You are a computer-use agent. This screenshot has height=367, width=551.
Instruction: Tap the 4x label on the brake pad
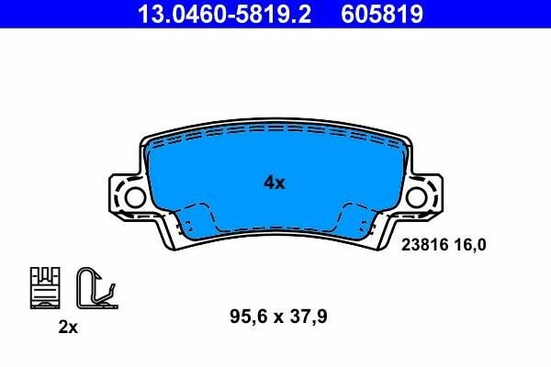click(275, 183)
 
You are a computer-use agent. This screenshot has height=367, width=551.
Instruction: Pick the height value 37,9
click(308, 317)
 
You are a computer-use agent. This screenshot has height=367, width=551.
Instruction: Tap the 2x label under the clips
click(67, 328)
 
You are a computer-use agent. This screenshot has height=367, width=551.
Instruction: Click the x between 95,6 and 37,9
click(276, 318)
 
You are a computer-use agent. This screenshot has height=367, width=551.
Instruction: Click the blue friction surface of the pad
click(275, 156)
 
